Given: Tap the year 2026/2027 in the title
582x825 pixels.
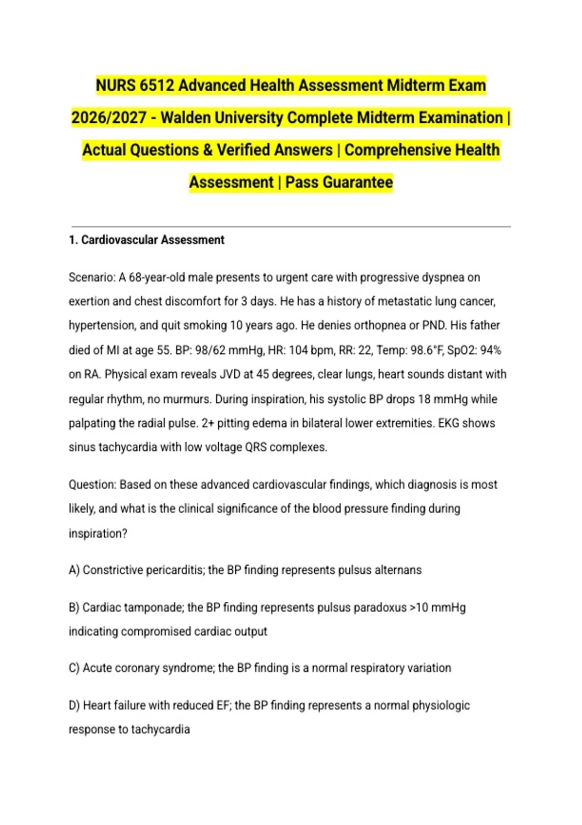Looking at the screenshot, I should (x=109, y=118).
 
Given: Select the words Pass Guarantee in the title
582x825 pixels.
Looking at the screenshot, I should (x=339, y=182).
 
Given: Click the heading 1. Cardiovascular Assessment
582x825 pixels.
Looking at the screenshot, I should (x=146, y=240).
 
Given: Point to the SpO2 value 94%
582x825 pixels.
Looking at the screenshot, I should (x=490, y=350).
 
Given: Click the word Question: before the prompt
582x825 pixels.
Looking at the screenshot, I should (x=93, y=485).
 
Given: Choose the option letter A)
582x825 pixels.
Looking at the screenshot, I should (x=74, y=570).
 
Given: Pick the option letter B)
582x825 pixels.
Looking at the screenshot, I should (x=74, y=608).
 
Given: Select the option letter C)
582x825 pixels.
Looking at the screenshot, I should (x=74, y=668).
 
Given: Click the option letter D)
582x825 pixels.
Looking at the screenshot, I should (x=74, y=706).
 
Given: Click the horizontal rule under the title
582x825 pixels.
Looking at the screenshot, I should (x=291, y=226).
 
